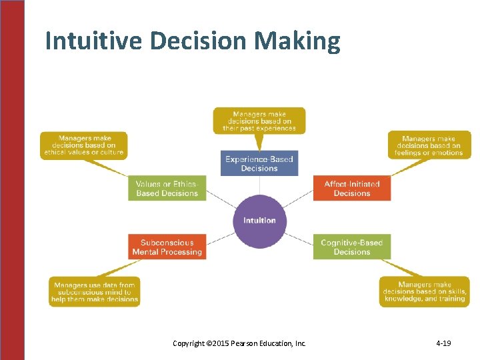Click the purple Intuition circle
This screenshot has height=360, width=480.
[x=259, y=221]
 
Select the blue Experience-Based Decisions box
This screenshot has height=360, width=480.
[x=259, y=163]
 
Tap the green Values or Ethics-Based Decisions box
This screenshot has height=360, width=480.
[x=167, y=189]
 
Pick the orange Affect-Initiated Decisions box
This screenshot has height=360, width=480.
[x=352, y=189]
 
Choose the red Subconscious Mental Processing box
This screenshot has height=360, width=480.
[x=167, y=247]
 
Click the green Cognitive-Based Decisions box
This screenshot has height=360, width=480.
[x=352, y=247]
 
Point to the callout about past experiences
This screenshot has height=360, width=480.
[x=259, y=121]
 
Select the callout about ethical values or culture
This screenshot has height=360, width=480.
[x=84, y=145]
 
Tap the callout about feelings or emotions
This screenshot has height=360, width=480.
[x=429, y=145]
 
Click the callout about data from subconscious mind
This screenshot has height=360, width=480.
[x=95, y=292]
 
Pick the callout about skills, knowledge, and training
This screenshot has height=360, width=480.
[x=424, y=292]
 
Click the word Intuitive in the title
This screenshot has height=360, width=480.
[x=94, y=41]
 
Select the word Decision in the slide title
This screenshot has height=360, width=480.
[x=199, y=41]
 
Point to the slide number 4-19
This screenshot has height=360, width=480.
[x=443, y=343]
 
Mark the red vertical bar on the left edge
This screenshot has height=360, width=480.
[x=12, y=180]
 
